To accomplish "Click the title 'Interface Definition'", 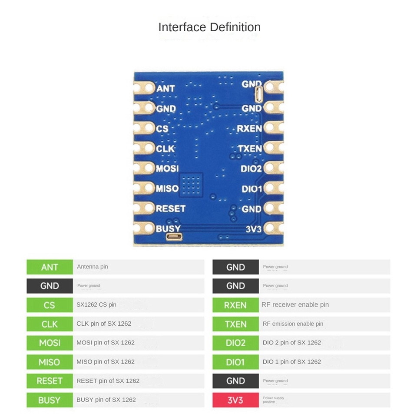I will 209,27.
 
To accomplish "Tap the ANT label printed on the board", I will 165,89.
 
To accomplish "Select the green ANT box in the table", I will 50,267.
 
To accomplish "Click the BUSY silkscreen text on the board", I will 168,228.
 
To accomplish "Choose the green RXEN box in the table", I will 235,305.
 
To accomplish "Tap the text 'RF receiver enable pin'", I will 295,305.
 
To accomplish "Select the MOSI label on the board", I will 167,169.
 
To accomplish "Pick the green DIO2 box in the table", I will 235,343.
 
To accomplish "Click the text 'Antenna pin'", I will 92,267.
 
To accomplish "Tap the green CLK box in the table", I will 50,324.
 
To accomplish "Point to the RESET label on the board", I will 170,208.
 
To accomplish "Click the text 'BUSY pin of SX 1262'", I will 106,400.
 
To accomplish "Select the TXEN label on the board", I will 250,149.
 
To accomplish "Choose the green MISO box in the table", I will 50,362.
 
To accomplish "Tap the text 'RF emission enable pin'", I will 293,324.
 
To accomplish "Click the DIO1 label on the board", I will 252,189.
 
